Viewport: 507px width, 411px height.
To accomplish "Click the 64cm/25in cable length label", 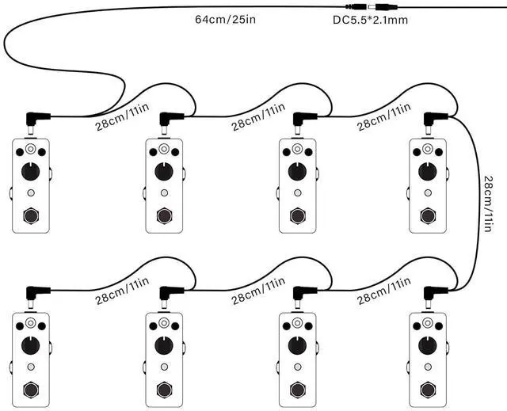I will (x=225, y=18).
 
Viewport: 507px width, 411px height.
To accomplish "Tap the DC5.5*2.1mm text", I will (x=371, y=20).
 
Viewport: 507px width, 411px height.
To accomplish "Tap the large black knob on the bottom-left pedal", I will (x=30, y=345).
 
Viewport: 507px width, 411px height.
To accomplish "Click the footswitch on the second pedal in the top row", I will (x=164, y=215).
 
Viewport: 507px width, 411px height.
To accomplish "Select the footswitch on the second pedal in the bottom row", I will (x=164, y=389).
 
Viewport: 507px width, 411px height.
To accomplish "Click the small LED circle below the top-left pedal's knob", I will (x=30, y=192).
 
